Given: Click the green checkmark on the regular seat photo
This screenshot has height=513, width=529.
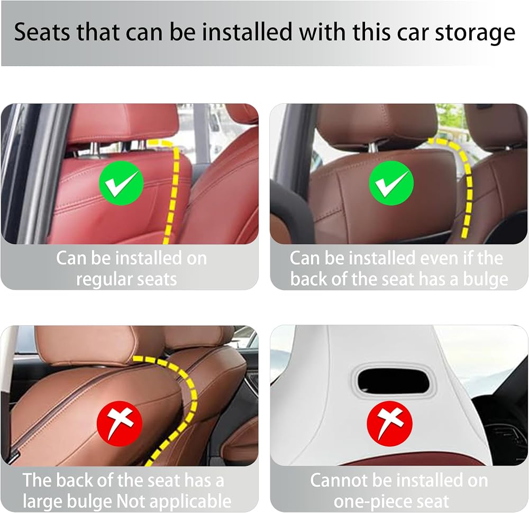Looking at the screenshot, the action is click(x=121, y=183).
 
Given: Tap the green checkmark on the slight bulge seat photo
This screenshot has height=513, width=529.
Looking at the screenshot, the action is click(x=391, y=183).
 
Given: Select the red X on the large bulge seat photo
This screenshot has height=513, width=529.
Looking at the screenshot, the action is click(x=120, y=424).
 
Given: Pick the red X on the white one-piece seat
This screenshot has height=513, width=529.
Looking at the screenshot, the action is click(x=390, y=424).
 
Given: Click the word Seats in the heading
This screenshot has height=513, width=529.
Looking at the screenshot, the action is click(x=42, y=32).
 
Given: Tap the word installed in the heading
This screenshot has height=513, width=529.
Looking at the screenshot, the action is click(x=247, y=32).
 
